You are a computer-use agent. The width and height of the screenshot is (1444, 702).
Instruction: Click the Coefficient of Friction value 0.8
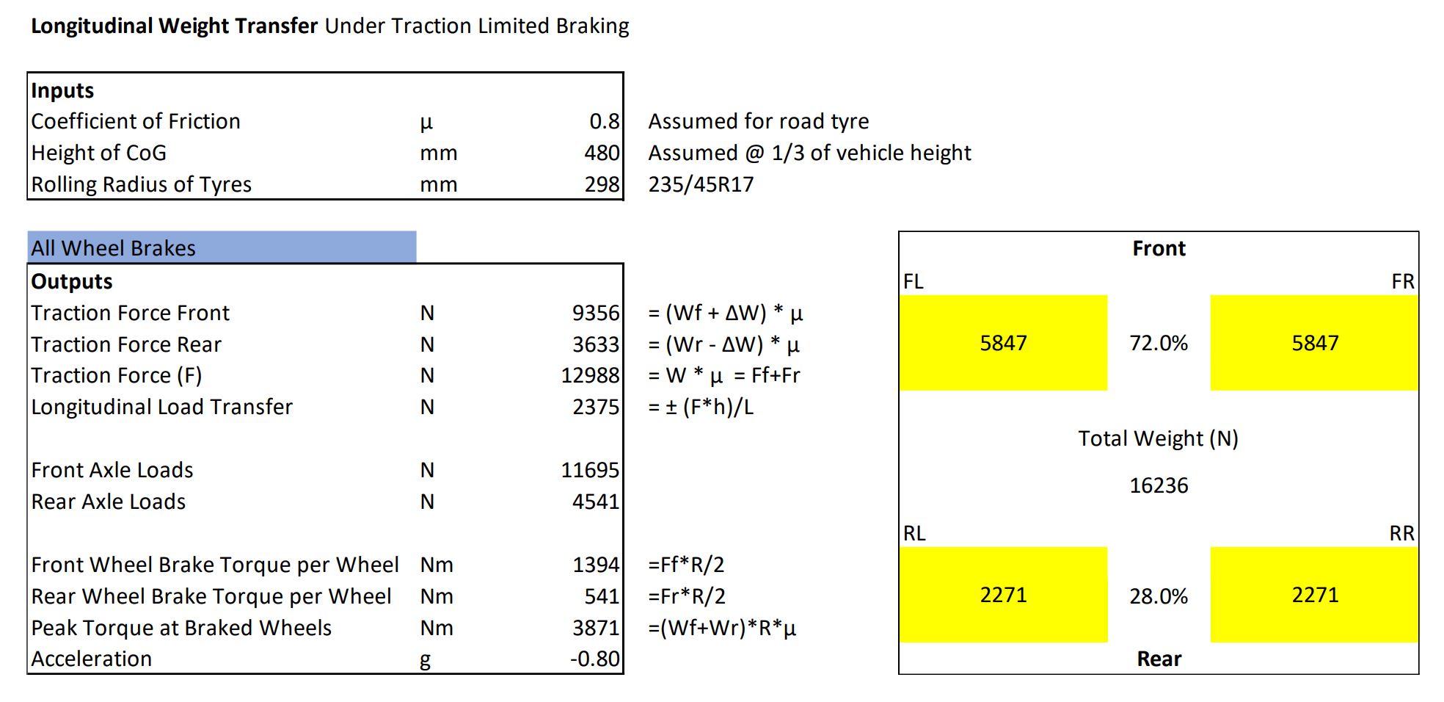(605, 121)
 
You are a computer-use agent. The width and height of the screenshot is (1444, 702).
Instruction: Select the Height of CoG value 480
(602, 153)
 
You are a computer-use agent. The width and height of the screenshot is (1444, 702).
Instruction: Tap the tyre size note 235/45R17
(701, 184)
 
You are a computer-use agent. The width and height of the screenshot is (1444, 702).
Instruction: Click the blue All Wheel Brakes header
(222, 247)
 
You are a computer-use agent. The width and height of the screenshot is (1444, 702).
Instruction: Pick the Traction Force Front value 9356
(596, 313)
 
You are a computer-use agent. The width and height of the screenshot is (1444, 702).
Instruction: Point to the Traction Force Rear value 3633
(596, 344)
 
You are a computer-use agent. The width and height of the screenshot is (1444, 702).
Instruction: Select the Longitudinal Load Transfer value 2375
(596, 407)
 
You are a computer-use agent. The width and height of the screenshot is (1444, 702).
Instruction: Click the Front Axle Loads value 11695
(591, 470)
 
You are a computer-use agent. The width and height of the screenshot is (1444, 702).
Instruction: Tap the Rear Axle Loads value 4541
(596, 502)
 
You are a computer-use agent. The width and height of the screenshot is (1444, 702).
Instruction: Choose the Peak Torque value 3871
(596, 628)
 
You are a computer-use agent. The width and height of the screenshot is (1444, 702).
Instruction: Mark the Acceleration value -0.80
(595, 659)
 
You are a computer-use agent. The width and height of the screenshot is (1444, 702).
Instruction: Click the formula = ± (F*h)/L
(701, 407)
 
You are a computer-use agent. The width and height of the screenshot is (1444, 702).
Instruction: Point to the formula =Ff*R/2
(686, 565)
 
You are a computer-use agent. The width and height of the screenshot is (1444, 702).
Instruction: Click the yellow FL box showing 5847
(1004, 343)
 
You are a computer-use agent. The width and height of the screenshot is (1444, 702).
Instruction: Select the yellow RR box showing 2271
(1315, 595)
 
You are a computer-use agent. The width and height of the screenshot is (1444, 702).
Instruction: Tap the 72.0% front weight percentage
(1159, 343)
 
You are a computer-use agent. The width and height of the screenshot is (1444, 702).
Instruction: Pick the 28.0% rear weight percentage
(1159, 596)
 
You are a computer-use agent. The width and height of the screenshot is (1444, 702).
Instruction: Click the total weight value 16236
(1159, 485)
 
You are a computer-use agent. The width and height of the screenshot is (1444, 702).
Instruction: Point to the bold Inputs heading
(62, 90)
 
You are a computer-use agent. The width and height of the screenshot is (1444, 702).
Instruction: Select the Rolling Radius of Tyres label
(142, 184)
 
